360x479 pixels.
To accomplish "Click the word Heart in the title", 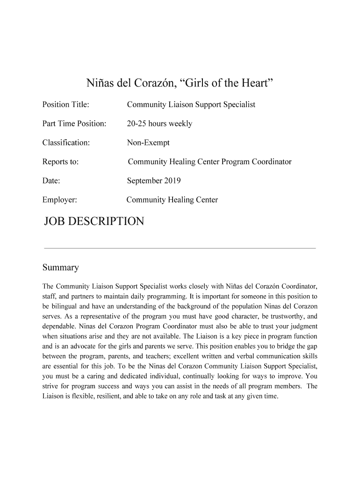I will (255, 84).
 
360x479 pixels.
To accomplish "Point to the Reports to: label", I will (60, 162).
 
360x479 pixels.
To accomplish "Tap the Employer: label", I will (59, 200).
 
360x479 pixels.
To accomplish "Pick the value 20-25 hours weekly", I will (159, 124).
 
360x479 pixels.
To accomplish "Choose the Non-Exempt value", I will (148, 143).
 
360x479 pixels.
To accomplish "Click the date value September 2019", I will (154, 181).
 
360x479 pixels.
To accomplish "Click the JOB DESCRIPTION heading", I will (94, 221).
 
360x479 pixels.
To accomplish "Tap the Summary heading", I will (60, 268).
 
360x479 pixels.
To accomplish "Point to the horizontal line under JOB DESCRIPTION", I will (180, 248).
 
